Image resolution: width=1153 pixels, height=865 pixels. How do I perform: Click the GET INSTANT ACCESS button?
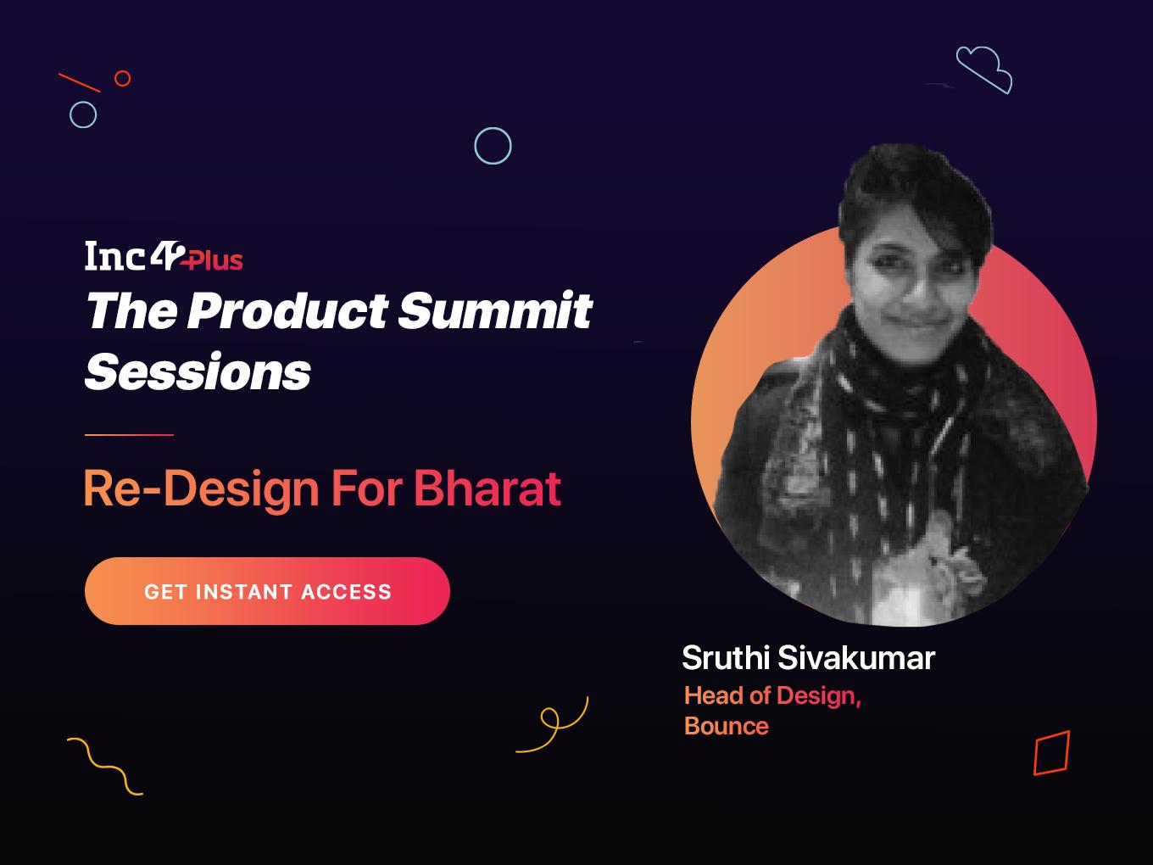pyautogui.click(x=267, y=591)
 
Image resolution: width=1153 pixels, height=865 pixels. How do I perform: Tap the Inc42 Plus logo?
pyautogui.click(x=164, y=256)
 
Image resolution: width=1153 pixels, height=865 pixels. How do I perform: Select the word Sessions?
pyautogui.click(x=198, y=371)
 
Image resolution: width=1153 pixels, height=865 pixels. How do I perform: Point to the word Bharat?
pyautogui.click(x=487, y=488)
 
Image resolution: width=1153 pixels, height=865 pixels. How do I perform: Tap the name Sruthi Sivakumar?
pyautogui.click(x=809, y=657)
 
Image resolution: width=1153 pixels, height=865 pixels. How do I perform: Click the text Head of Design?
pyautogui.click(x=772, y=696)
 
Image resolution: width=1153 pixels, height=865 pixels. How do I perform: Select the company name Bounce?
pyautogui.click(x=727, y=727)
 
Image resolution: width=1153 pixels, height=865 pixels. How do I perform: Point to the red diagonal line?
pyautogui.click(x=80, y=83)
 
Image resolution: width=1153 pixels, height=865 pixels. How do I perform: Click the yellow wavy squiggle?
pyautogui.click(x=104, y=767)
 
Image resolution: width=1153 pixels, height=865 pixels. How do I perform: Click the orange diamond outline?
pyautogui.click(x=1035, y=756)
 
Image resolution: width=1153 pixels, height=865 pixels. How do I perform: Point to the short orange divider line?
pyautogui.click(x=129, y=435)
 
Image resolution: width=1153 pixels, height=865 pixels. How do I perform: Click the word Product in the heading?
pyautogui.click(x=287, y=310)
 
